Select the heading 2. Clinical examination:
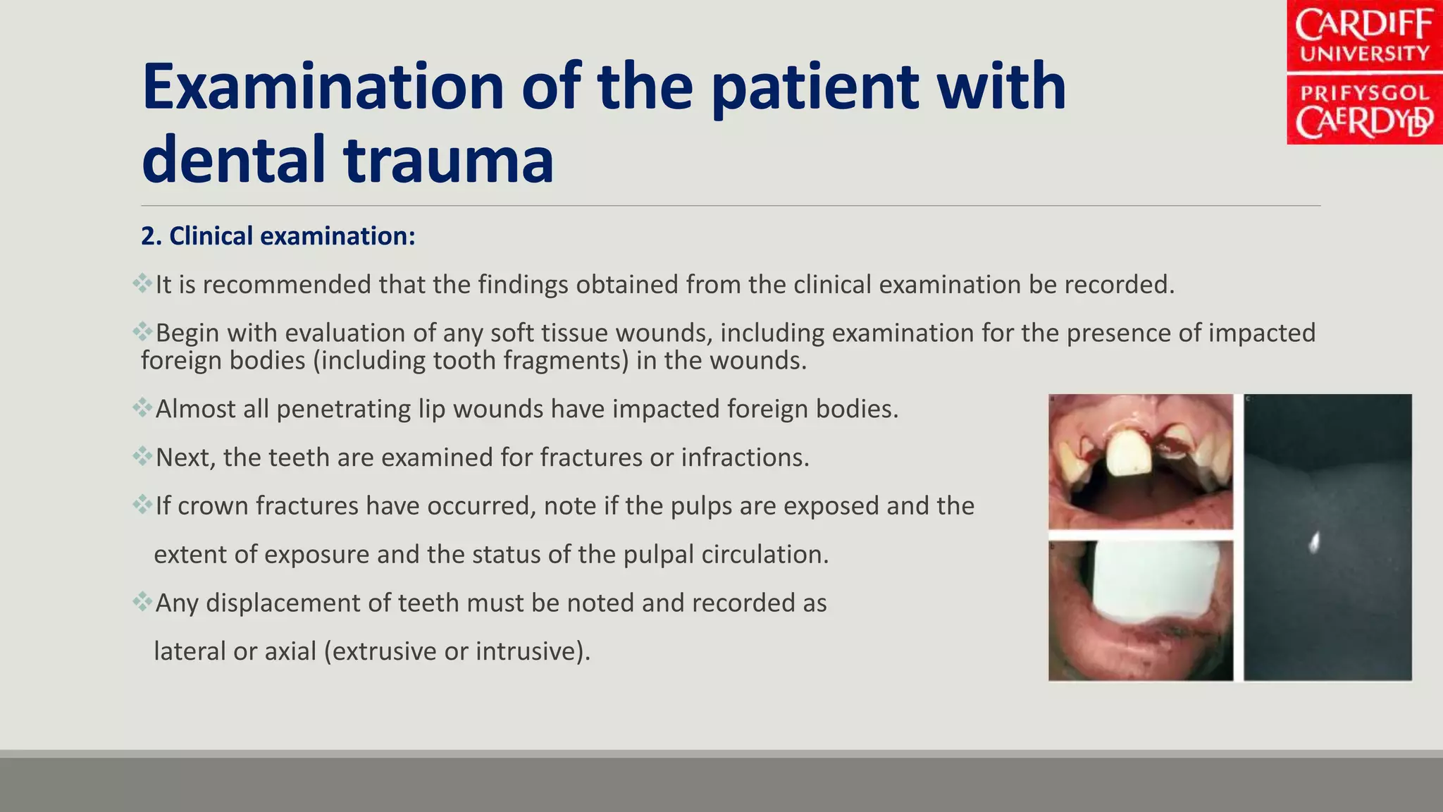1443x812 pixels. [x=278, y=236]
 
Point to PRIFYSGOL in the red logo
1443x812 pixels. [x=1364, y=93]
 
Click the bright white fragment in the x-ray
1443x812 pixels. [x=1314, y=541]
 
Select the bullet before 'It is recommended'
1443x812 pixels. [x=142, y=284]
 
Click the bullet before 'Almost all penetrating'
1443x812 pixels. [x=142, y=408]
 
